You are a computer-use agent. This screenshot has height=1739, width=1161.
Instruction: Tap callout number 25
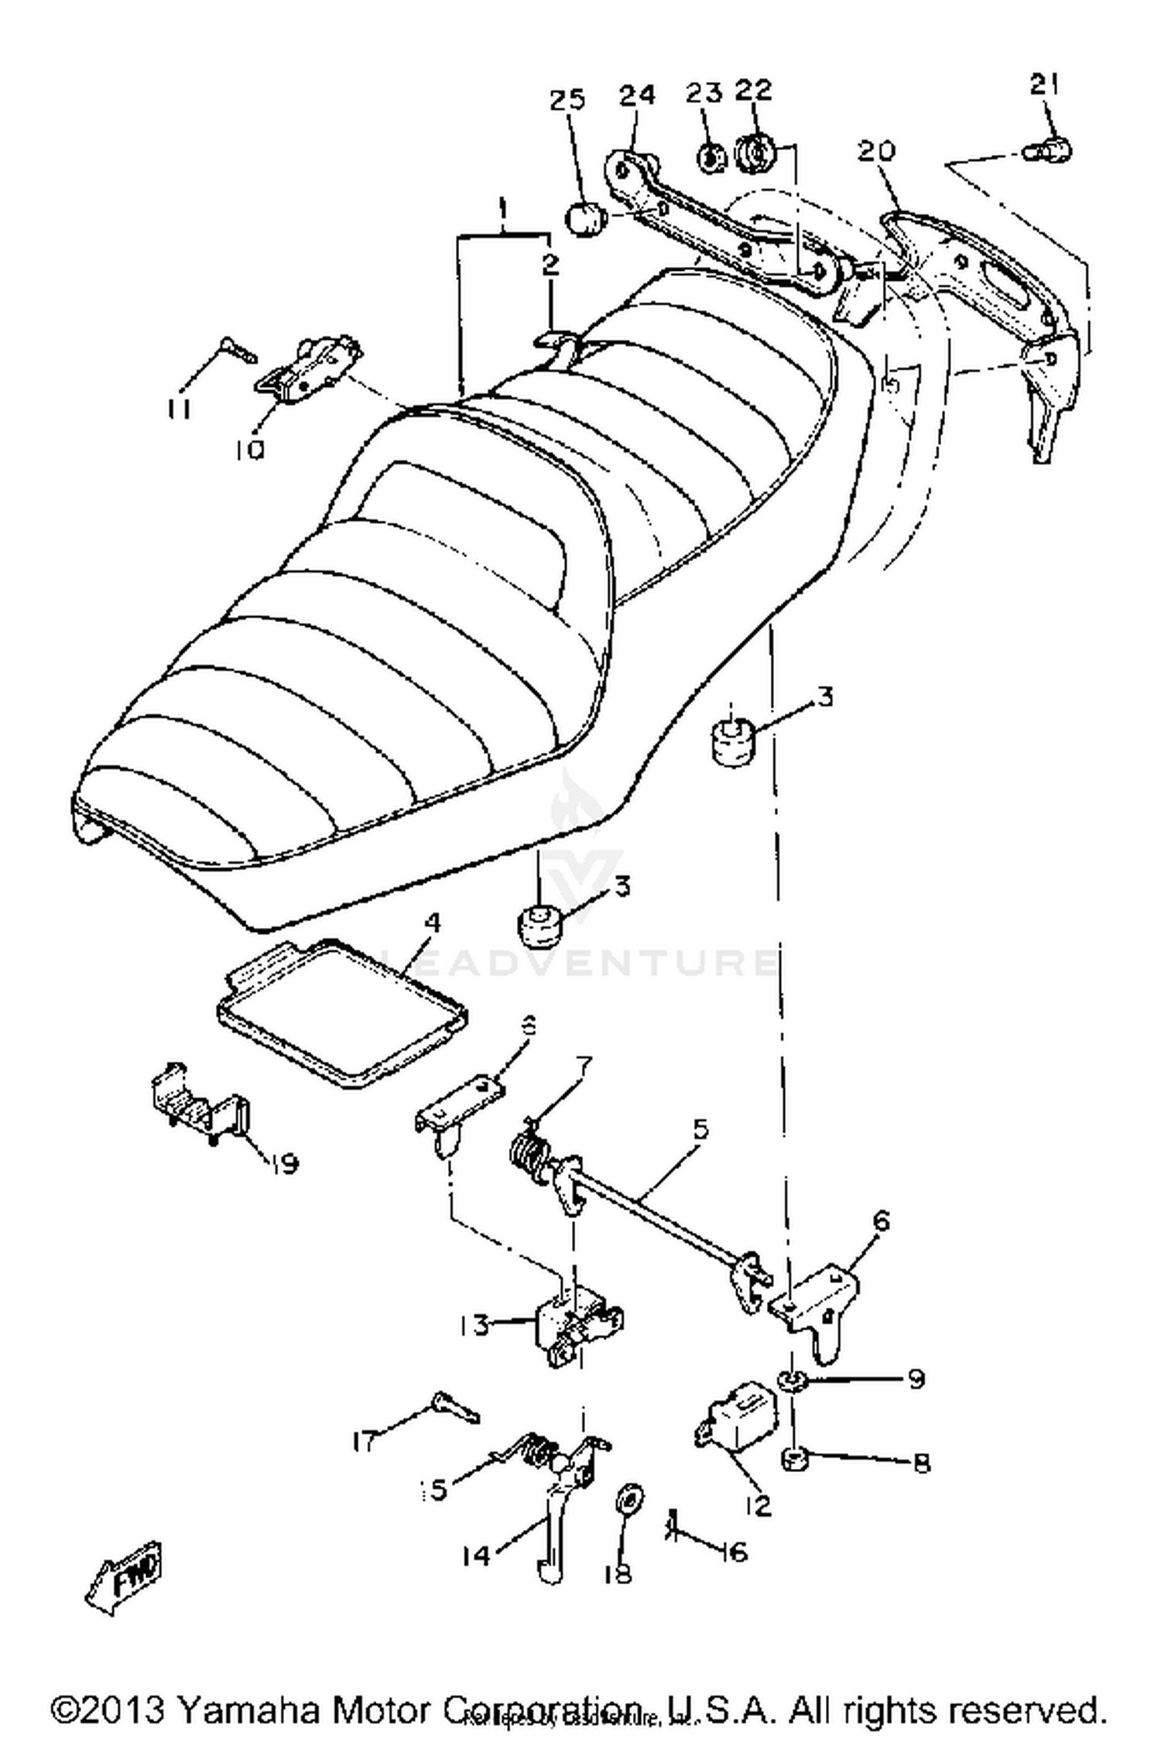coord(568,101)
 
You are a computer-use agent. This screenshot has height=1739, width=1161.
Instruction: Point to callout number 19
coord(283,1163)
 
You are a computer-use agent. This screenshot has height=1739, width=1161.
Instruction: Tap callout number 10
coord(249,448)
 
